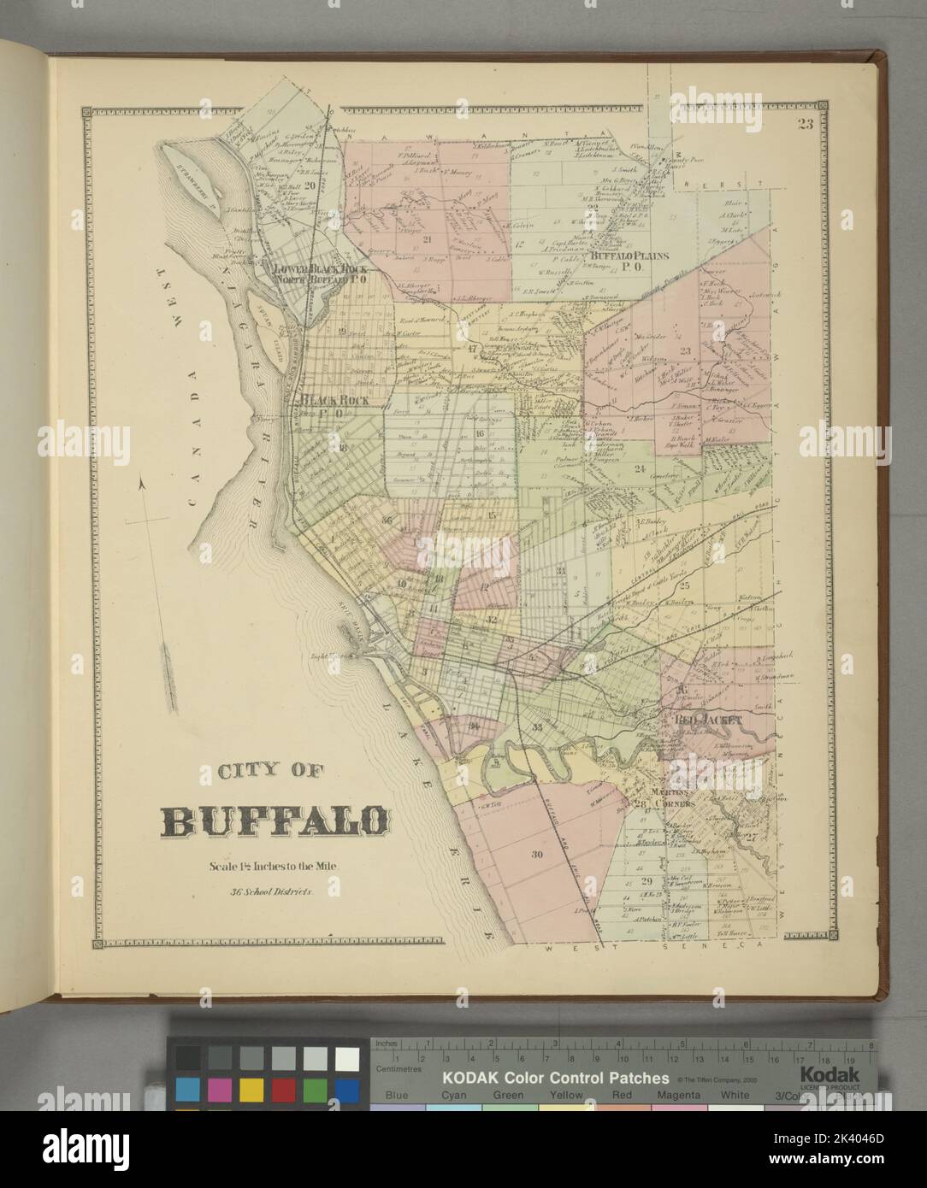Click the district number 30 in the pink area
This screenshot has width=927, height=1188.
537,855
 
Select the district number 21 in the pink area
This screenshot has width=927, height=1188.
427,238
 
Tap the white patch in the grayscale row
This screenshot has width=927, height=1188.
346,1059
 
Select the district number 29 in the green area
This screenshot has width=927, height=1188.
647,882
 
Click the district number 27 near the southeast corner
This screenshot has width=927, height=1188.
751,838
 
